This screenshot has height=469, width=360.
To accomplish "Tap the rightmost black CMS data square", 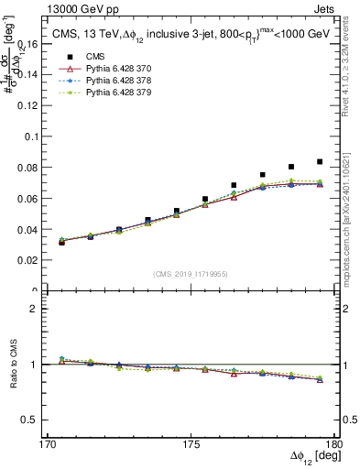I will [319, 161].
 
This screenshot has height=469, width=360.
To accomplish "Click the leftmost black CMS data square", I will [61, 242].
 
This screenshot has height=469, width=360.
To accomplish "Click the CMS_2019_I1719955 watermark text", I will [190, 274].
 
